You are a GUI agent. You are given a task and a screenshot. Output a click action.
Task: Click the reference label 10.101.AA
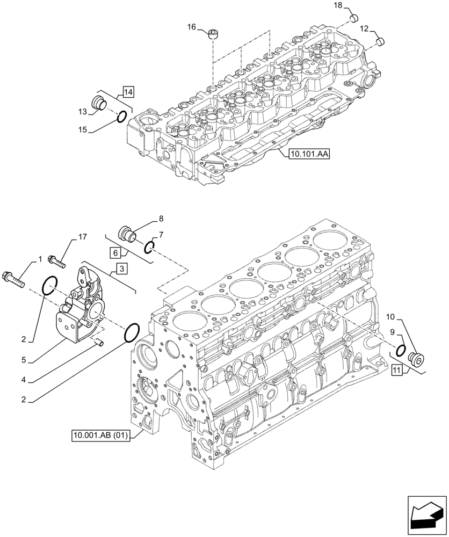point(309,154)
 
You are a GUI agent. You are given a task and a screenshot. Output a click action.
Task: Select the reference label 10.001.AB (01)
point(99,435)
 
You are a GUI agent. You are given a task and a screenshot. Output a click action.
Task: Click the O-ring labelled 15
point(121,115)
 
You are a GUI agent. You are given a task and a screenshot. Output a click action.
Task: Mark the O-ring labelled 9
point(400,350)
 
